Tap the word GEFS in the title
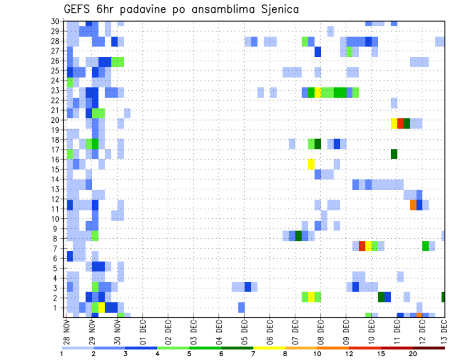pyautogui.click(x=79, y=9)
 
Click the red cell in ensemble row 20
pyautogui.click(x=400, y=123)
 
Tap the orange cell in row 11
pyautogui.click(x=413, y=205)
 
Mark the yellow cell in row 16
pyautogui.click(x=311, y=164)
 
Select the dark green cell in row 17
pyautogui.click(x=394, y=154)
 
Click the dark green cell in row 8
pyautogui.click(x=299, y=235)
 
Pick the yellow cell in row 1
pyautogui.click(x=101, y=307)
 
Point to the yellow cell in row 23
pyautogui.click(x=318, y=92)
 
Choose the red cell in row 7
pyautogui.click(x=362, y=246)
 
